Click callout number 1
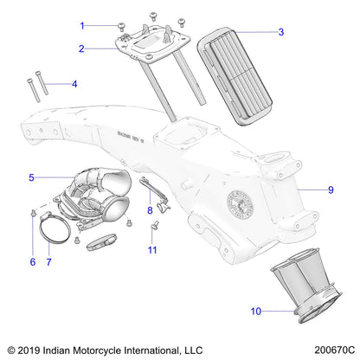coord(107,25)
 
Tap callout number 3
coord(280,32)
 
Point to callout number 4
coord(74,84)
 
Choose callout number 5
coord(32,177)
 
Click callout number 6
coord(32,260)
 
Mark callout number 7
coord(49,260)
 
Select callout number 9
coord(330,190)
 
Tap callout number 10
coord(255,309)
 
